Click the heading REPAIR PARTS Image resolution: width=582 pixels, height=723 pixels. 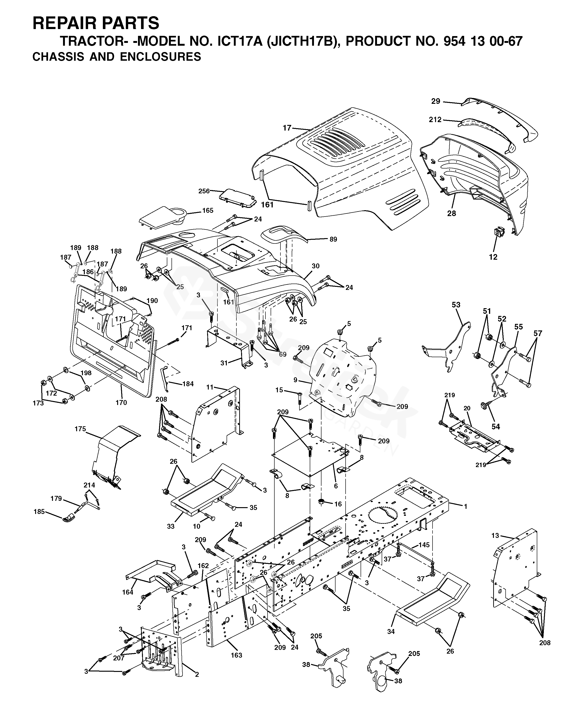tap(96, 23)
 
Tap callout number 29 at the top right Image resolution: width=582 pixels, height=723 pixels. tap(436, 101)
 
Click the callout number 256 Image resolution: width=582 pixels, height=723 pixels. tap(204, 191)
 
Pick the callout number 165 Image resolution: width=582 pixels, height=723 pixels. tap(208, 211)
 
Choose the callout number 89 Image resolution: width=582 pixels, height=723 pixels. tap(333, 240)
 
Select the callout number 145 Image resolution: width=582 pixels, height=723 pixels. tap(424, 545)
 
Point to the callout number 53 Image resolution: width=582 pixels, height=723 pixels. tap(456, 305)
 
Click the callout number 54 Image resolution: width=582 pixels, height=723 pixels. tap(496, 427)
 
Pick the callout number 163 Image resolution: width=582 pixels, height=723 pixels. tap(236, 655)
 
